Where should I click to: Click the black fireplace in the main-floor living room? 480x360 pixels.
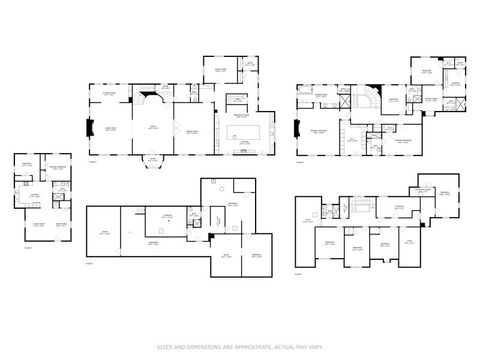(x=92, y=128)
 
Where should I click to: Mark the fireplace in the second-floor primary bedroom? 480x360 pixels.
(x=297, y=128)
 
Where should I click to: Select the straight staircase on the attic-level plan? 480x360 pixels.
(x=350, y=207)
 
